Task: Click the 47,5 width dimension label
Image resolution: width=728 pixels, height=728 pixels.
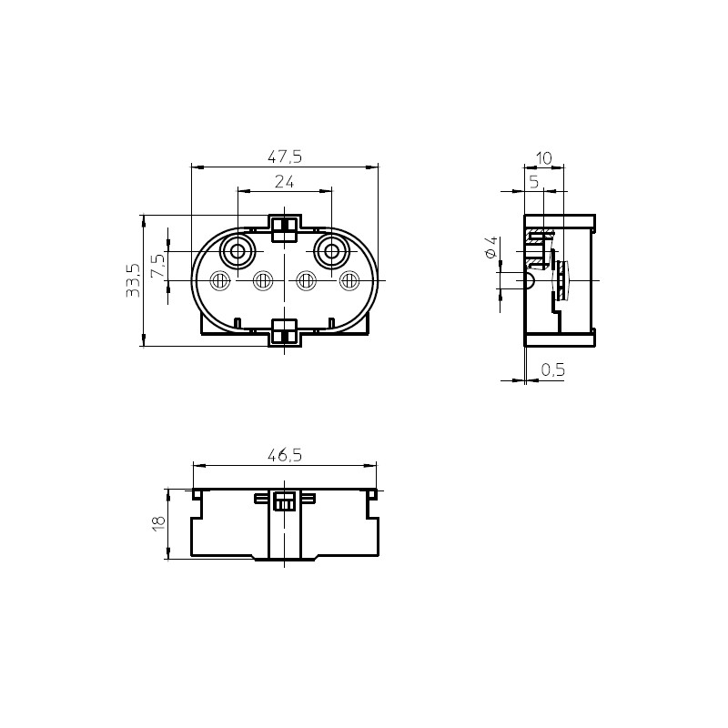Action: click(x=285, y=157)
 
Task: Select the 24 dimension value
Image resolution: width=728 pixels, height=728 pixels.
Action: click(x=284, y=182)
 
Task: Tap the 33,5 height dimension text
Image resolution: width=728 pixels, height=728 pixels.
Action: click(x=133, y=280)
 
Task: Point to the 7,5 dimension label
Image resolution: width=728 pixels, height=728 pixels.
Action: click(x=157, y=266)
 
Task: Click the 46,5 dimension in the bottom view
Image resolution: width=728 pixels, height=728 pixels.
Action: click(x=285, y=456)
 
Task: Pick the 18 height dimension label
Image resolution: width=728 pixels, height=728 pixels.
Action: click(x=158, y=524)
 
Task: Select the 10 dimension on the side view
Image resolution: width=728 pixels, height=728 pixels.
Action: click(x=543, y=158)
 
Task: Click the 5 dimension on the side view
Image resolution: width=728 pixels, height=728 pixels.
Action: click(x=534, y=182)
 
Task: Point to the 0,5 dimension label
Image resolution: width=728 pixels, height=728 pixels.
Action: click(x=553, y=369)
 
